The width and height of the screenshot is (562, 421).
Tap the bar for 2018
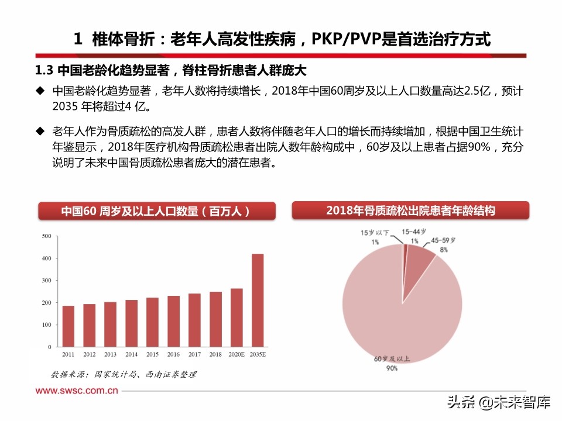215,319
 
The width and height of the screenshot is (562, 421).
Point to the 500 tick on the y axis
47,236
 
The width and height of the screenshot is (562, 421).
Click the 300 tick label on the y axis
47,281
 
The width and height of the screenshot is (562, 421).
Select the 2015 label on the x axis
152,354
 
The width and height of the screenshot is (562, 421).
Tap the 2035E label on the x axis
258,354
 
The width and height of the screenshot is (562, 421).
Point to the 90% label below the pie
392,368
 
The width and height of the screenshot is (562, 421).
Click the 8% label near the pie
444,250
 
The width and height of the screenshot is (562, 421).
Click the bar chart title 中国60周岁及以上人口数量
156,211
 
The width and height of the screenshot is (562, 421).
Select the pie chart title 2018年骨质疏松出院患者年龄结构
410,210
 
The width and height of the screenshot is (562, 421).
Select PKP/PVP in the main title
347,39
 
